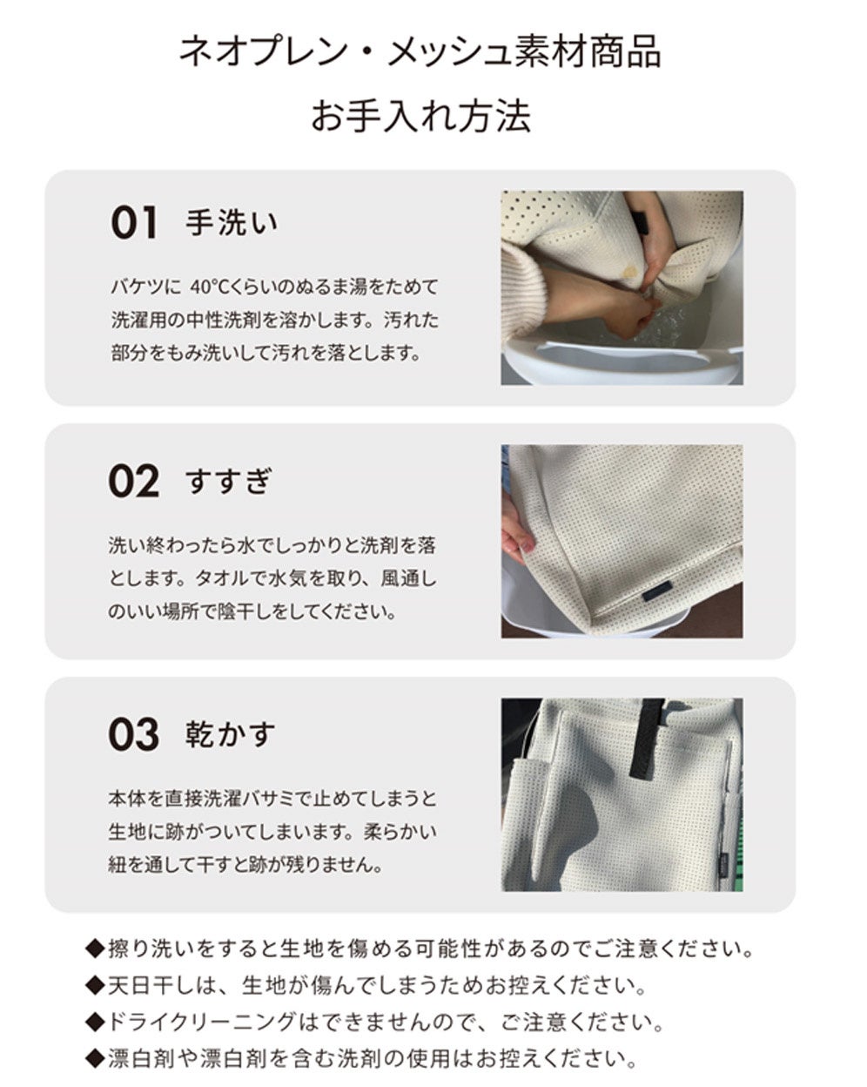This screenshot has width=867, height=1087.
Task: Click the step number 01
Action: tap(134, 221)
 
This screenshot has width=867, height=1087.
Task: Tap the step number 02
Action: tap(134, 482)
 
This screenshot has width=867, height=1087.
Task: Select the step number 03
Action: tap(134, 734)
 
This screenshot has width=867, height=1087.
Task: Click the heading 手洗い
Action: tap(232, 222)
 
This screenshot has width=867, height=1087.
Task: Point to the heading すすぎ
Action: tap(229, 481)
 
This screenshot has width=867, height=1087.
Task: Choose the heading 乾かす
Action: tap(231, 734)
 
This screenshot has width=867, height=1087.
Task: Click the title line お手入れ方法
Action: tap(420, 117)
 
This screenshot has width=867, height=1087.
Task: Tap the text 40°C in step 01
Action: tap(210, 287)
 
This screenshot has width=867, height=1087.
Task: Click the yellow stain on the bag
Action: tap(629, 273)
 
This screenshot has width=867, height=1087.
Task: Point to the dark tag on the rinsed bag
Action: tap(657, 591)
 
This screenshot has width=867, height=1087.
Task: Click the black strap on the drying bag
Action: tap(647, 738)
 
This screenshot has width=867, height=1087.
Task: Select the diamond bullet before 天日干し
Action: tap(96, 985)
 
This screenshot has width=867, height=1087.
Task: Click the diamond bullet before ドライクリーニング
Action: tap(96, 1023)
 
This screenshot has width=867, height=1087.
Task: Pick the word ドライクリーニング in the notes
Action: tap(201, 1023)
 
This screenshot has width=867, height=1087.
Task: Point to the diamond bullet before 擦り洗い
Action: tap(96, 949)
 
